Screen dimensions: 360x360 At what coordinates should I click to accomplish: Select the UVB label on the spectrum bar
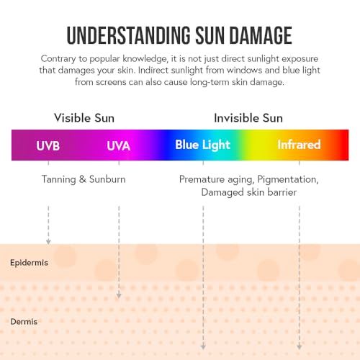point(48,145)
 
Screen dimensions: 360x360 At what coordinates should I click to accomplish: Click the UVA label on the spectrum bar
point(118,145)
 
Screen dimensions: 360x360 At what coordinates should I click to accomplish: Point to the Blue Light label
point(202,145)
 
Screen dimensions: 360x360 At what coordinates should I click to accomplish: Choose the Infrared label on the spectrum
point(299,145)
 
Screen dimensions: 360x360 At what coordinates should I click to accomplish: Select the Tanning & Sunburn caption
point(84,179)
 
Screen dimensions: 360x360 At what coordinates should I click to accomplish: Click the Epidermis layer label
point(30,263)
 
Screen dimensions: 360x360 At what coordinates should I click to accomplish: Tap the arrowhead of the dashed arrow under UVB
point(48,241)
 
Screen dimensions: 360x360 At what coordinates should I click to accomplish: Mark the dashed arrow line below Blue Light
point(203,274)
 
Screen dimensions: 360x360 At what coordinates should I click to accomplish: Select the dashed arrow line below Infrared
point(300,274)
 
